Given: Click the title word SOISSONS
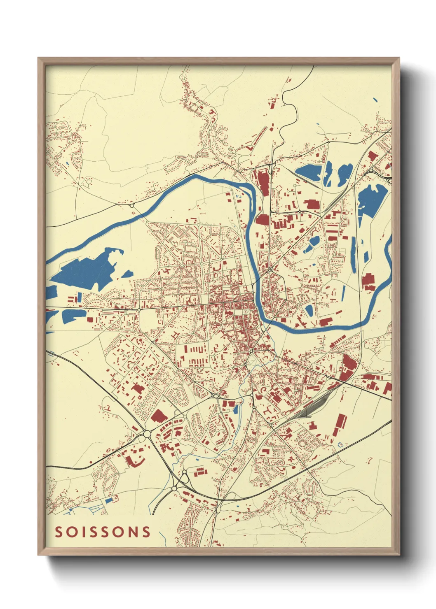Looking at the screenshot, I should (103, 532).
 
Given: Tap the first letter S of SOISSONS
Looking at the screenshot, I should (59, 532).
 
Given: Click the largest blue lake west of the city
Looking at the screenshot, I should (87, 270).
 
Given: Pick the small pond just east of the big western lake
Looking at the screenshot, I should (127, 273).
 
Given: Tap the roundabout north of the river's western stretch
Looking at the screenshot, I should (132, 205).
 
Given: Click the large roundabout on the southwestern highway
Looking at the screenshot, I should (147, 434).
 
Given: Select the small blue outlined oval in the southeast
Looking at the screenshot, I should (340, 444).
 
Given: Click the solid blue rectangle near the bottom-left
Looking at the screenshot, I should (109, 500).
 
